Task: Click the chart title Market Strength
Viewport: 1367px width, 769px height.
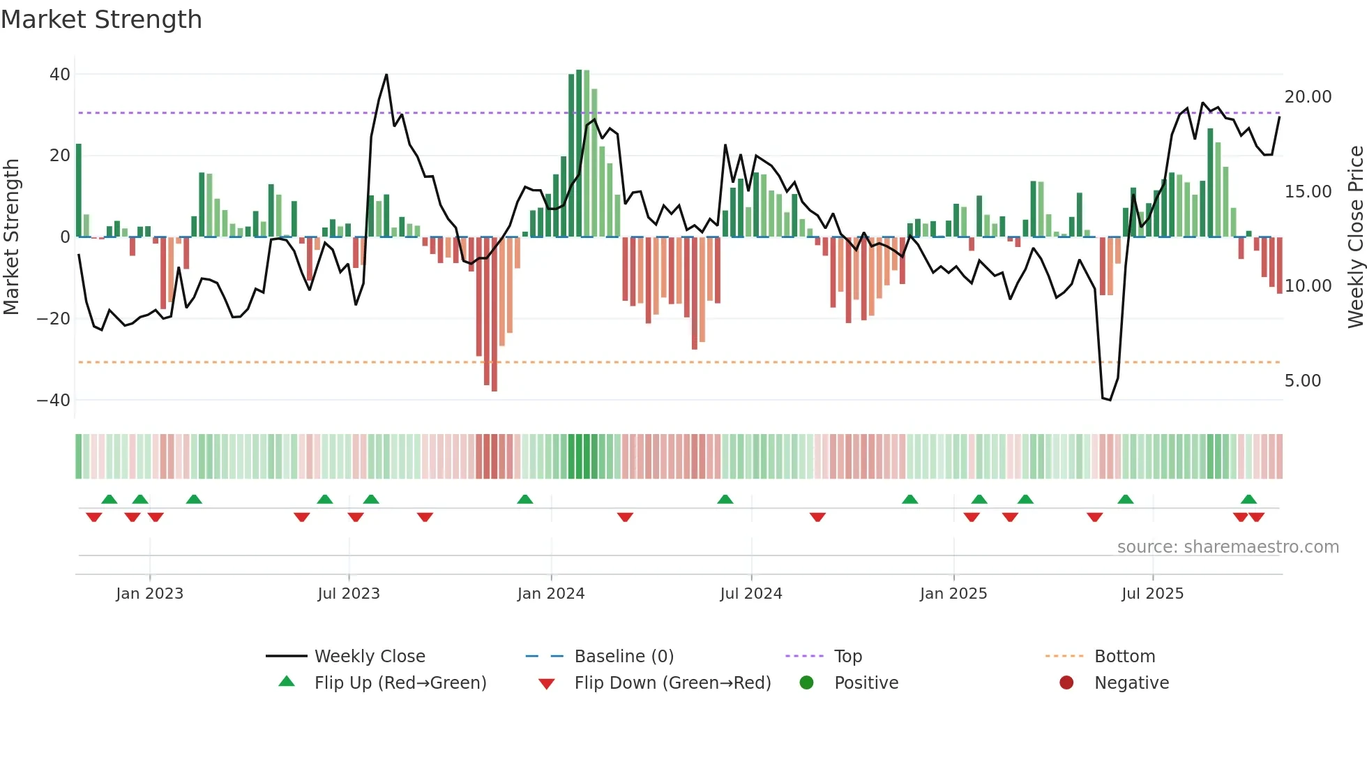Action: click(x=101, y=19)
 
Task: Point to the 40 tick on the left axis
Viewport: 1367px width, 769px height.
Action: click(x=60, y=74)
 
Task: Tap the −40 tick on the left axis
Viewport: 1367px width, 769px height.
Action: click(x=53, y=401)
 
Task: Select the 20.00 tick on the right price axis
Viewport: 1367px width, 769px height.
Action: click(x=1308, y=97)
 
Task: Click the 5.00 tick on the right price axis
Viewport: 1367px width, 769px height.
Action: click(x=1302, y=381)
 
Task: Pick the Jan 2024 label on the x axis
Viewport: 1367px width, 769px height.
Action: click(x=550, y=594)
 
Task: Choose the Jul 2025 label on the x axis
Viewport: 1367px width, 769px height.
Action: click(x=1152, y=594)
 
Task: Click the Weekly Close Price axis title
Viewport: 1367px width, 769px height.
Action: click(x=1355, y=237)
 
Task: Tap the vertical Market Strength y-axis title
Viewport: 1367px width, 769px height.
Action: click(x=11, y=237)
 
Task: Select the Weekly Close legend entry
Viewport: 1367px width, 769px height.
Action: click(x=369, y=657)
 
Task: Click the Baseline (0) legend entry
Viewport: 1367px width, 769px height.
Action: click(x=624, y=657)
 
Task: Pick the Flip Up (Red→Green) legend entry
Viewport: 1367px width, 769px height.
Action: click(x=400, y=683)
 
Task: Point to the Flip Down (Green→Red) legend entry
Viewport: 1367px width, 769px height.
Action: click(x=672, y=683)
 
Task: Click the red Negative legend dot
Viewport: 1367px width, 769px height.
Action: click(x=1066, y=683)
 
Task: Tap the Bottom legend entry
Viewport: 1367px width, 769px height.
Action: click(x=1124, y=657)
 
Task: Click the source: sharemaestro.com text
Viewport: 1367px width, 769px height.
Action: click(x=1228, y=547)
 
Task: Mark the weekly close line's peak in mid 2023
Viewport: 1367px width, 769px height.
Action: click(x=386, y=75)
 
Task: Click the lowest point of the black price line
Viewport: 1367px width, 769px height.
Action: click(x=1110, y=400)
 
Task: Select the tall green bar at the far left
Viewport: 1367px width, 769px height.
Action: click(x=79, y=190)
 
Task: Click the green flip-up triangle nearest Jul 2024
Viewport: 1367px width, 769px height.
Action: click(x=725, y=499)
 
